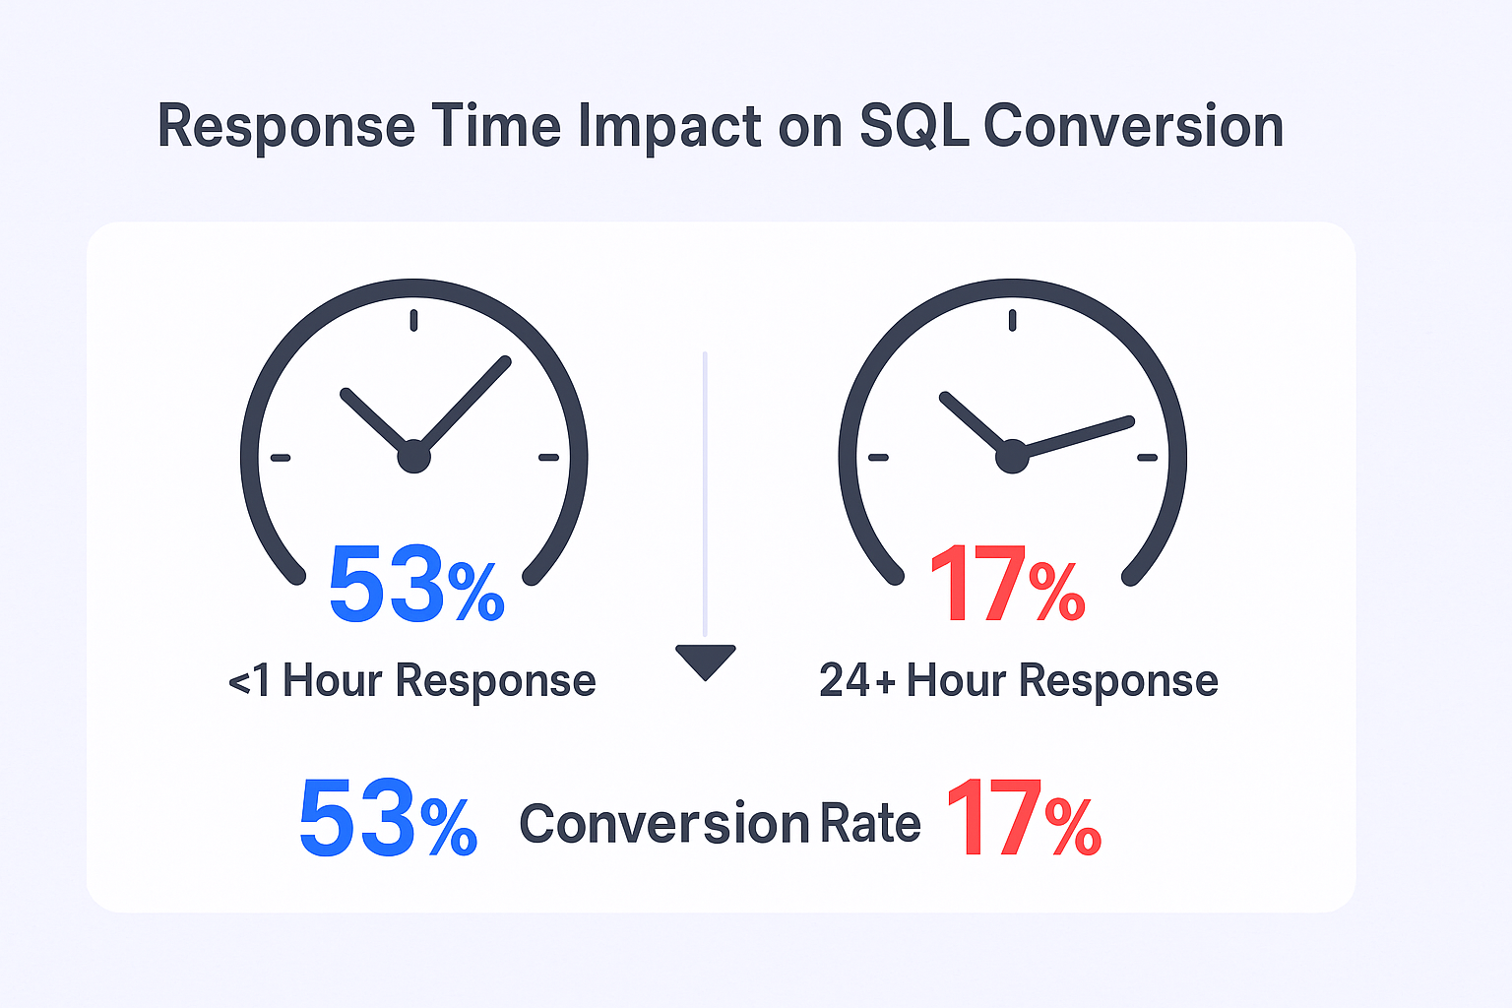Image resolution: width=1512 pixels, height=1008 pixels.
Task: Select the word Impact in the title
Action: coord(669,127)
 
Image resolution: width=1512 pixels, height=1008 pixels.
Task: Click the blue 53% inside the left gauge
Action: coord(414,587)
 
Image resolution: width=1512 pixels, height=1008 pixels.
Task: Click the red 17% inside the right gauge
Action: coord(1006,587)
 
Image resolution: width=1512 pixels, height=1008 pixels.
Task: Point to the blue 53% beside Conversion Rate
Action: coord(387,819)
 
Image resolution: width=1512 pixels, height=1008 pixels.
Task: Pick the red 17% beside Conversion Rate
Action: coord(1023,819)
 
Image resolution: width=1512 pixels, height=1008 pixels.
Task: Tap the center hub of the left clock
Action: coord(414,457)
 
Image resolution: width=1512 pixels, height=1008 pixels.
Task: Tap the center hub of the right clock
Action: coord(1012,458)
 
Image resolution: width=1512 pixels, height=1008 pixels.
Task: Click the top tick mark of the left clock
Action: coord(413,320)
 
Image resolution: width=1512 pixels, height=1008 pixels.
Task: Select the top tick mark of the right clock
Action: coord(1012,320)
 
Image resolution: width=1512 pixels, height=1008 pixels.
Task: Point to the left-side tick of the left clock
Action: coord(281,458)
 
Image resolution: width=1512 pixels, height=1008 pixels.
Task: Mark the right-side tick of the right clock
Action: coord(1147,458)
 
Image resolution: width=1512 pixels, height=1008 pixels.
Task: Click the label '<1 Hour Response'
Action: coord(412,681)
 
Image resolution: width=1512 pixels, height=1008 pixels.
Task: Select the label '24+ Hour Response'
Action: coord(1019,681)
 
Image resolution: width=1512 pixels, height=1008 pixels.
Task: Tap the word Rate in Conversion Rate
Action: coord(870,824)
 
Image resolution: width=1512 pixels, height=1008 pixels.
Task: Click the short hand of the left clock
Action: coord(374,420)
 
